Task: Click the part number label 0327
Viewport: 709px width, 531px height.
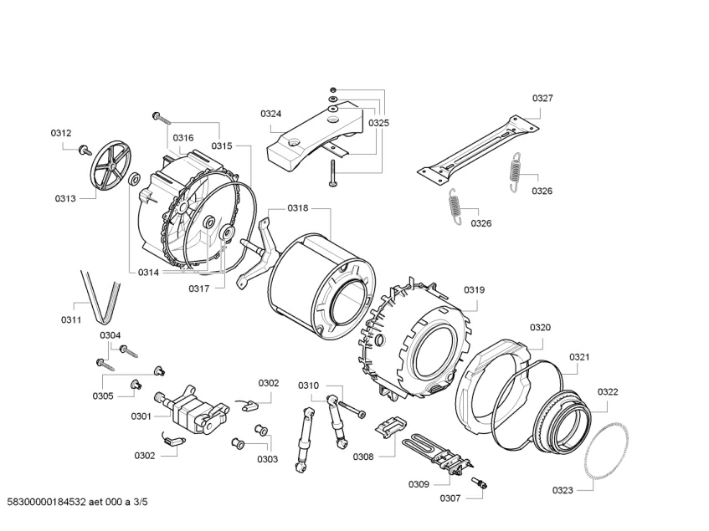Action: pyautogui.click(x=542, y=98)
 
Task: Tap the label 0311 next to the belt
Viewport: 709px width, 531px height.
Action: pyautogui.click(x=71, y=319)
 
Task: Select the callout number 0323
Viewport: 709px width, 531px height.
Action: pyautogui.click(x=563, y=490)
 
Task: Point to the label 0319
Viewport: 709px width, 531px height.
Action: pyautogui.click(x=474, y=290)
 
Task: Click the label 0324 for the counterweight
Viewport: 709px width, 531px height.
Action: pyautogui.click(x=271, y=114)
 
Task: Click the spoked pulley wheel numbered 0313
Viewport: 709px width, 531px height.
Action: pyautogui.click(x=110, y=166)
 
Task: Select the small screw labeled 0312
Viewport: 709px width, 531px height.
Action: pyautogui.click(x=84, y=150)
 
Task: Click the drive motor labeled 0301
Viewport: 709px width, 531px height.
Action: pyautogui.click(x=192, y=410)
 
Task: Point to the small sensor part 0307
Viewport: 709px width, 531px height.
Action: pyautogui.click(x=480, y=482)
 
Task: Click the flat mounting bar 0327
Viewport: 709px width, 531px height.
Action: pyautogui.click(x=478, y=150)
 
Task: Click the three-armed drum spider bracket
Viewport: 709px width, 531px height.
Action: pyautogui.click(x=259, y=252)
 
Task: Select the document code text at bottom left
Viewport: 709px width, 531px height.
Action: pyautogui.click(x=77, y=502)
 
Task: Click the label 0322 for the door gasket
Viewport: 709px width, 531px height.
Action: pyautogui.click(x=608, y=392)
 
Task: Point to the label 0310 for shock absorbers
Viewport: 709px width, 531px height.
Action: pyautogui.click(x=308, y=385)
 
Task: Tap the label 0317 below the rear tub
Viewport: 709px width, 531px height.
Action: pyautogui.click(x=199, y=289)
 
